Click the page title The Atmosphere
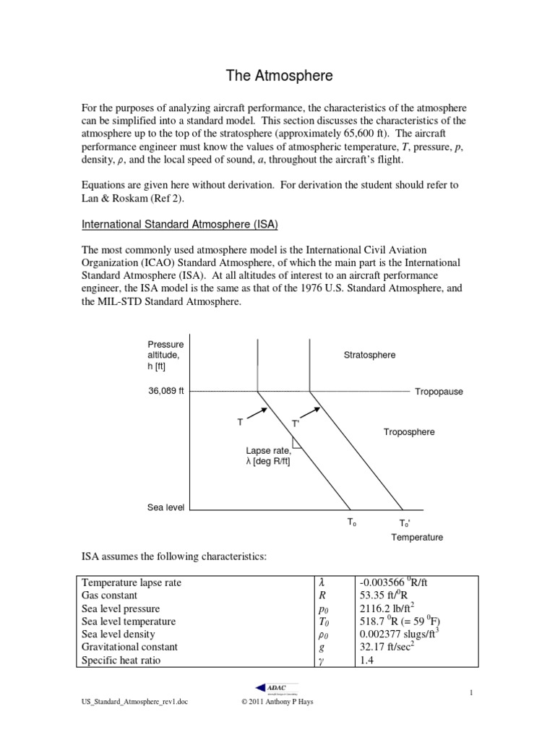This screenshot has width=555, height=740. point(277,74)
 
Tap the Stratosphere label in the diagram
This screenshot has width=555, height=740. point(370,355)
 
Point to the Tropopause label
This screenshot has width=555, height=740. point(439,392)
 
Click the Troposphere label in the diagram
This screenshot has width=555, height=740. point(408,432)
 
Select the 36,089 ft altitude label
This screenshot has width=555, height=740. point(165,391)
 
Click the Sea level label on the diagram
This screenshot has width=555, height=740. point(165,508)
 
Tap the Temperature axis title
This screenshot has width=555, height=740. point(417,538)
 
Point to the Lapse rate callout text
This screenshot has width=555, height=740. point(268,457)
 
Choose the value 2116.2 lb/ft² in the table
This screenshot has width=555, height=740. point(389,608)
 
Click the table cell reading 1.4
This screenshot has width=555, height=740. point(366,661)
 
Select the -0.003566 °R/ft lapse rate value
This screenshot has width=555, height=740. point(398,582)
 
